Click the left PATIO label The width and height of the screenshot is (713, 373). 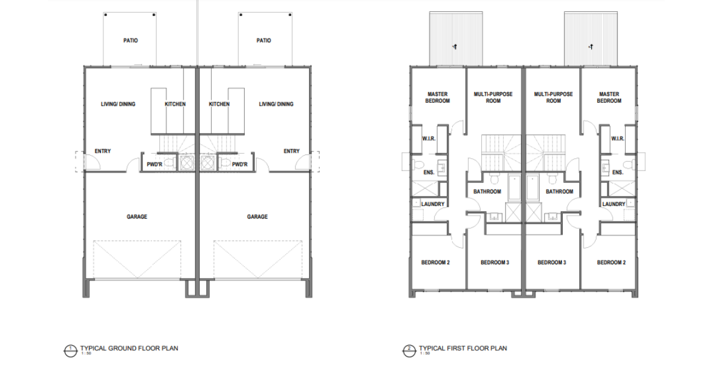coord(131,40)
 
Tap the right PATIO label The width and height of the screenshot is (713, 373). coord(264,40)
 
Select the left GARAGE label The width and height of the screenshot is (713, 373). coord(137,217)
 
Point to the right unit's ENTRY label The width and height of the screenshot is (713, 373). coord(292,151)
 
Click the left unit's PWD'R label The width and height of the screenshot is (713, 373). coord(154,165)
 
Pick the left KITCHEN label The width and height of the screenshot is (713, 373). coord(175,104)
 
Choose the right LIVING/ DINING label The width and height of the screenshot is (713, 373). coord(276,104)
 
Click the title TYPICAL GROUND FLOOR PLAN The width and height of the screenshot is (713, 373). coord(130,348)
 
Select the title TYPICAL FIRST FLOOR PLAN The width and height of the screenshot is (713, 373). coord(463,348)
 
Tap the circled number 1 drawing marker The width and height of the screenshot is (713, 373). coord(71,351)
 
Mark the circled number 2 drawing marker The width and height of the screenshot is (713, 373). coord(409,351)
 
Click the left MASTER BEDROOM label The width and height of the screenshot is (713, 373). coord(438,97)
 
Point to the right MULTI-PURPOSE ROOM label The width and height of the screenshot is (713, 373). coord(554,97)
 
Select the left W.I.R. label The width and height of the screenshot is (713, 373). coord(429,139)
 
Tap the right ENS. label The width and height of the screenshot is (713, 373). coord(618,172)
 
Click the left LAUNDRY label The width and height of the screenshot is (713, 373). coord(433,204)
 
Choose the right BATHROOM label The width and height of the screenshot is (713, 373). coord(560,192)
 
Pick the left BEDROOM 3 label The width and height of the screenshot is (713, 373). coord(495,263)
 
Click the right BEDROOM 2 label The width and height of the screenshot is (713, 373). coord(611,263)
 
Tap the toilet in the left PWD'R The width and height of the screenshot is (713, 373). coord(171,163)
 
